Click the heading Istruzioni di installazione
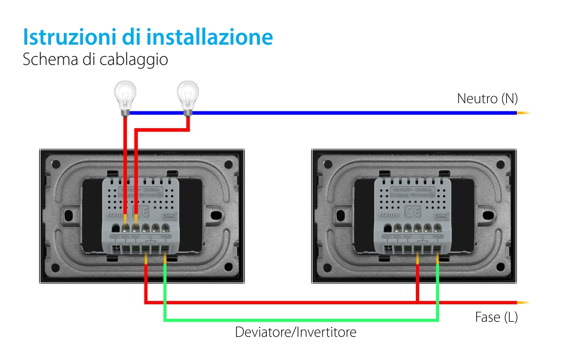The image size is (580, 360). (147, 37)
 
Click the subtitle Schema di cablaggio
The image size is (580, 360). (95, 59)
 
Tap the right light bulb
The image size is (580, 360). (187, 96)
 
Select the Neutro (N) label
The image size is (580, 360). (487, 99)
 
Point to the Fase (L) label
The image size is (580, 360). (496, 318)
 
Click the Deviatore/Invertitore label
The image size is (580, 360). (295, 332)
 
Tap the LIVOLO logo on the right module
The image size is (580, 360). (386, 214)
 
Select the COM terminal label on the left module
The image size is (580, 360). (164, 237)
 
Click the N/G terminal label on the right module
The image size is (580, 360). (387, 237)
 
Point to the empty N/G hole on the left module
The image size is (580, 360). (115, 228)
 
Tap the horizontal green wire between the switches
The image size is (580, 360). (301, 319)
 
